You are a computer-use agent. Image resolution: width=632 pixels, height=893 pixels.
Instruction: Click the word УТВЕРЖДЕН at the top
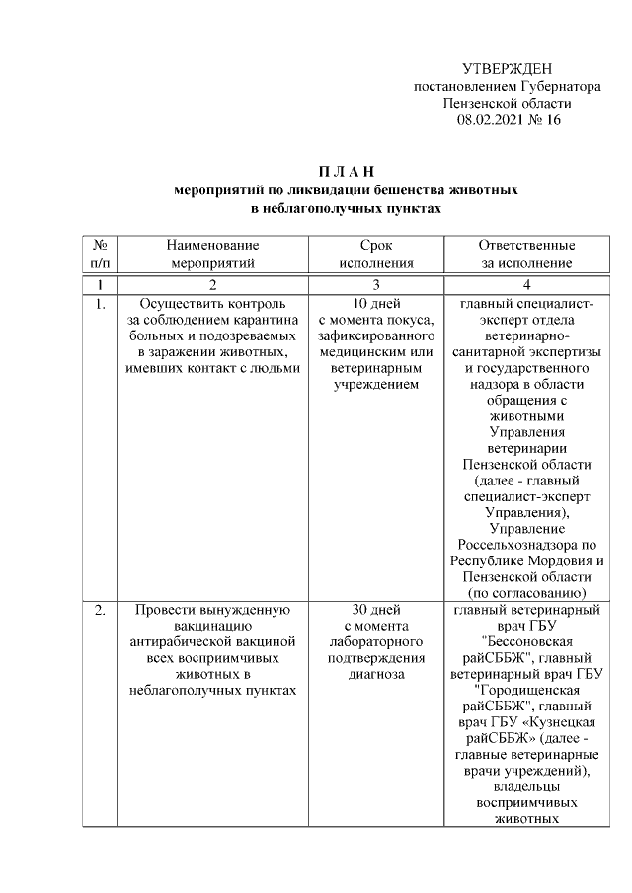coord(508,68)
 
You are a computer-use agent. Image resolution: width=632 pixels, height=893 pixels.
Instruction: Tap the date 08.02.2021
coord(491,120)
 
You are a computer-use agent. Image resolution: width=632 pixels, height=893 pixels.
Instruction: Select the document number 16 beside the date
coord(552,120)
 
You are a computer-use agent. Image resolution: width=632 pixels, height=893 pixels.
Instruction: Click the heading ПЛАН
coord(347,173)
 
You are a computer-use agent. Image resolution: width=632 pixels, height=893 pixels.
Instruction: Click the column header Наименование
coord(212,245)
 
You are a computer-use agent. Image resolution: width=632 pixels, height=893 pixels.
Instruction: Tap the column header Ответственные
coord(526,245)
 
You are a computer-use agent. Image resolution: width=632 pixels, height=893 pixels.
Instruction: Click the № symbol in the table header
coord(100,245)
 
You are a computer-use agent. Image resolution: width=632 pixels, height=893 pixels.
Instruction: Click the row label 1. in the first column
coord(100,303)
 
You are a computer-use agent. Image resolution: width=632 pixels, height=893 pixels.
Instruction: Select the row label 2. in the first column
coord(100,609)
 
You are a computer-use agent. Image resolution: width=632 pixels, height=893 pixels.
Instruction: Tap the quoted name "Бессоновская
coord(526,642)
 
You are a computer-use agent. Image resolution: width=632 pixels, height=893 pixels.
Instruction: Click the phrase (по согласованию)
coord(526,593)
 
